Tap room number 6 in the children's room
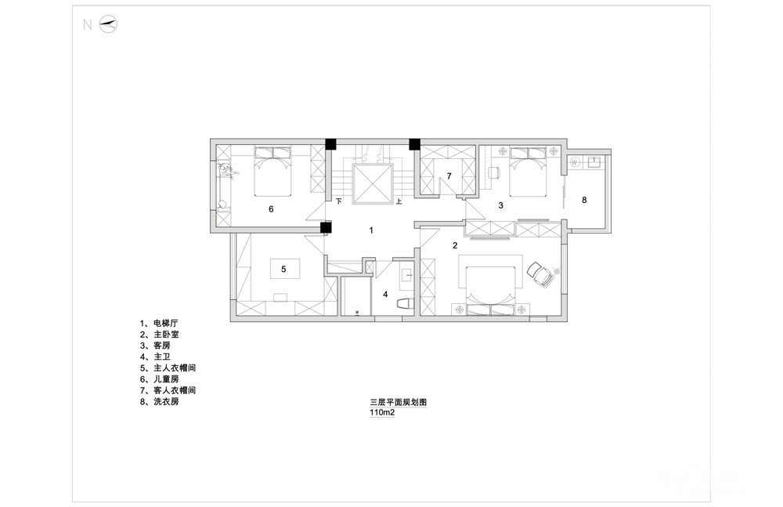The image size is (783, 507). (x=271, y=209)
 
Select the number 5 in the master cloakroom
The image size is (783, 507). (x=283, y=269)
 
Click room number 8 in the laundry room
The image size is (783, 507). (x=584, y=201)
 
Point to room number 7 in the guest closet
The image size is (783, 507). (x=449, y=176)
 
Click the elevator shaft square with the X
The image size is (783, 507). (x=371, y=183)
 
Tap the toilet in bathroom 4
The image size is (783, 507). (x=405, y=304)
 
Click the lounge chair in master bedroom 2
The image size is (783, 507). (x=540, y=273)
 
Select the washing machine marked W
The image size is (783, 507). (x=575, y=162)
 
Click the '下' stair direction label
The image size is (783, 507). (x=339, y=201)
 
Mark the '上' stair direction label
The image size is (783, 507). (x=399, y=201)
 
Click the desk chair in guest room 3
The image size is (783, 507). (x=494, y=172)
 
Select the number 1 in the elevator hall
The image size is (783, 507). (x=373, y=230)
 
